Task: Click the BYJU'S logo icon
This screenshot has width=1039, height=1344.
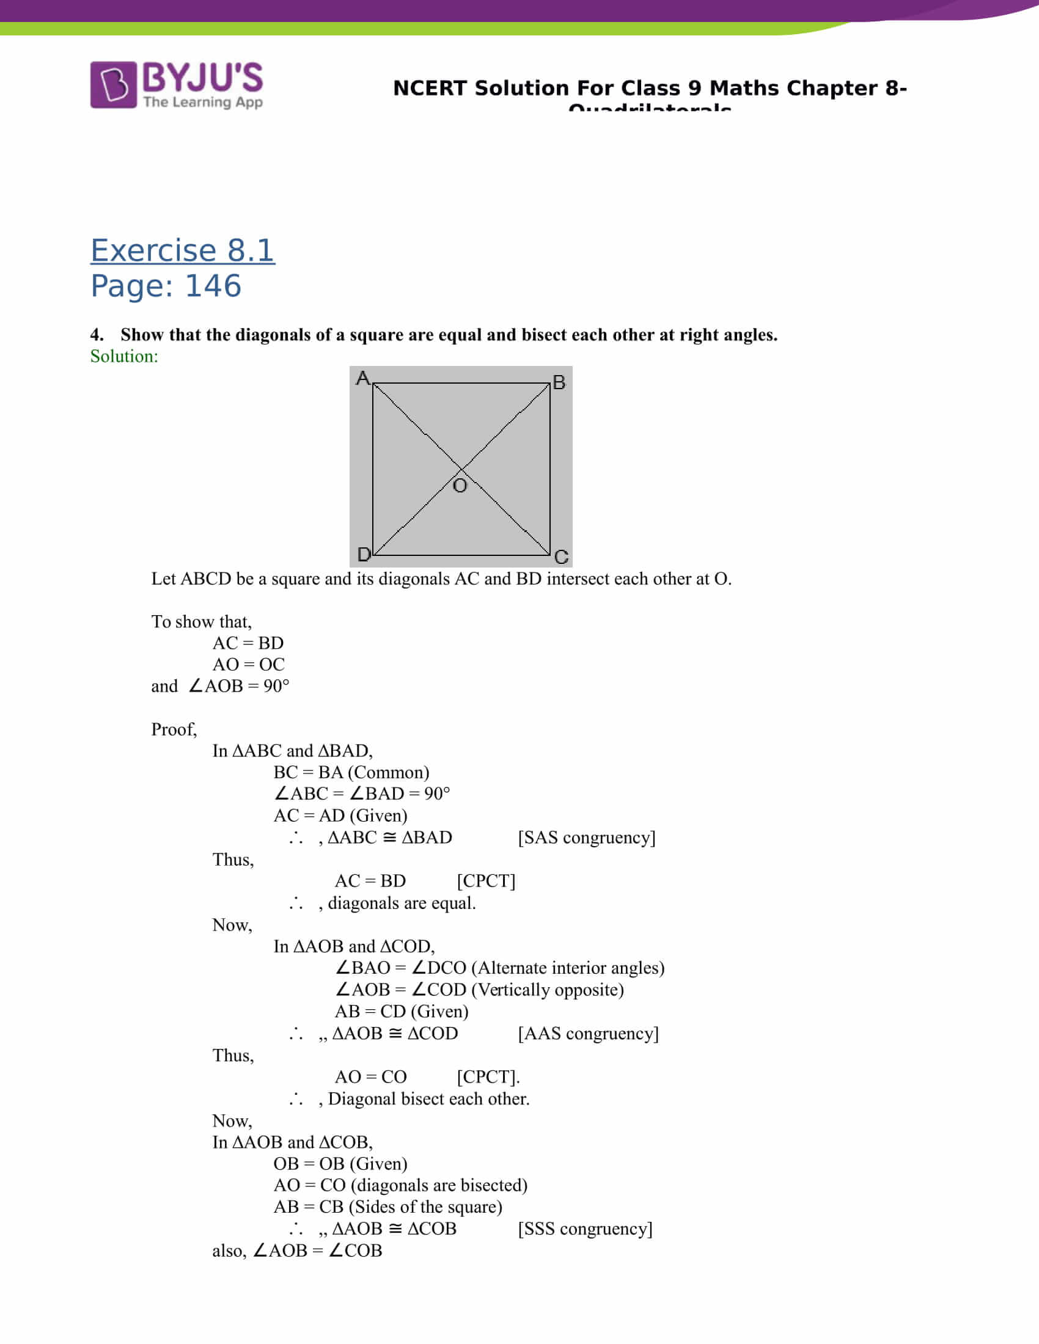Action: (113, 84)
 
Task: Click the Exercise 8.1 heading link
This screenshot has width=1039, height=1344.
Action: (182, 250)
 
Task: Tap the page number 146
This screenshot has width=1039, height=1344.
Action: (213, 286)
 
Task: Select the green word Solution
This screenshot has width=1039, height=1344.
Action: (123, 356)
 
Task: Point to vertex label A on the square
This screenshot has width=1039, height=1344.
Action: (362, 377)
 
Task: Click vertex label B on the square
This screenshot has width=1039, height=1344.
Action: (559, 382)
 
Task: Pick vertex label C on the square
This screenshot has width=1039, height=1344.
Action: (560, 557)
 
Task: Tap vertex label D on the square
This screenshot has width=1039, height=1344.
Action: (364, 555)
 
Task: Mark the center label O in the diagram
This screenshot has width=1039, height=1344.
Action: (460, 486)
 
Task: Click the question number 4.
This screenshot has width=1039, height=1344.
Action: (97, 335)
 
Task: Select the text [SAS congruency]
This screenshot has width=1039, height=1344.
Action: (587, 838)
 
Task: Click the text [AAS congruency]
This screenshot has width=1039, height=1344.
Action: (588, 1033)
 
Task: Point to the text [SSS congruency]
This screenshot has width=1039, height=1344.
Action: (585, 1229)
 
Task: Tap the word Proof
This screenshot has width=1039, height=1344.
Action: (174, 729)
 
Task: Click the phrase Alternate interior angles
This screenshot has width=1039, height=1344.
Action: (568, 968)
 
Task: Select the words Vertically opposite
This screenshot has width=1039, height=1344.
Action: (547, 990)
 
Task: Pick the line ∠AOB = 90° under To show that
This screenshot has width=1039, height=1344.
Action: (239, 685)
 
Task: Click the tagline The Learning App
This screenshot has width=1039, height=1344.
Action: (203, 102)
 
